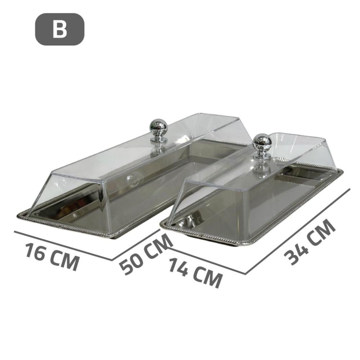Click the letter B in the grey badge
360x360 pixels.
click(59, 30)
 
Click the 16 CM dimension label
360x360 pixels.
click(52, 257)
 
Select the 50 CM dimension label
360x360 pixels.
click(146, 254)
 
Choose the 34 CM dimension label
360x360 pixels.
click(310, 242)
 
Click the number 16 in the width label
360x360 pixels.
click(35, 251)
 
